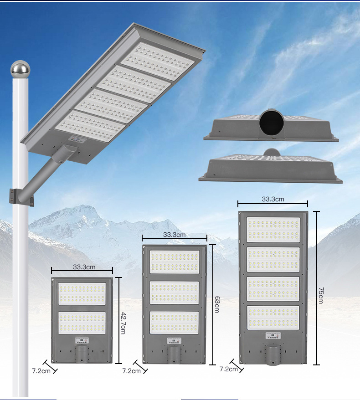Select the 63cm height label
pos(216,304)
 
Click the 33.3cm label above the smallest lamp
pos(84,267)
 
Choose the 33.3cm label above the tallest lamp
pos(273,199)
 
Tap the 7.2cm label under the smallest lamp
pos(41,370)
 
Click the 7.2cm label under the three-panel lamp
pos(131,371)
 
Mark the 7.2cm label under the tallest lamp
pos(229,369)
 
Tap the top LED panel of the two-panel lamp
pos(82,294)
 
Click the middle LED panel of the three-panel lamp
pos(175,292)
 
